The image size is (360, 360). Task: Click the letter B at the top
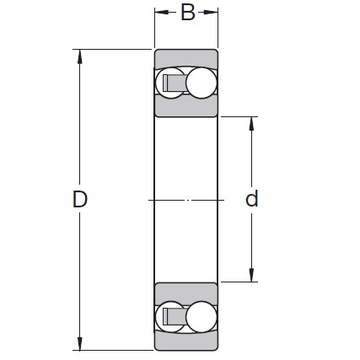(x=187, y=13)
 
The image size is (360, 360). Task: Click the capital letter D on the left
(x=80, y=200)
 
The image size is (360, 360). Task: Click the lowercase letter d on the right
(x=251, y=200)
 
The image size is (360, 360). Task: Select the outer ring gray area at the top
(x=186, y=58)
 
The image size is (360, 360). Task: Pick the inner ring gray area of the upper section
(x=186, y=108)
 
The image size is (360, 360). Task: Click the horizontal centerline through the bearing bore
(x=186, y=200)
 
